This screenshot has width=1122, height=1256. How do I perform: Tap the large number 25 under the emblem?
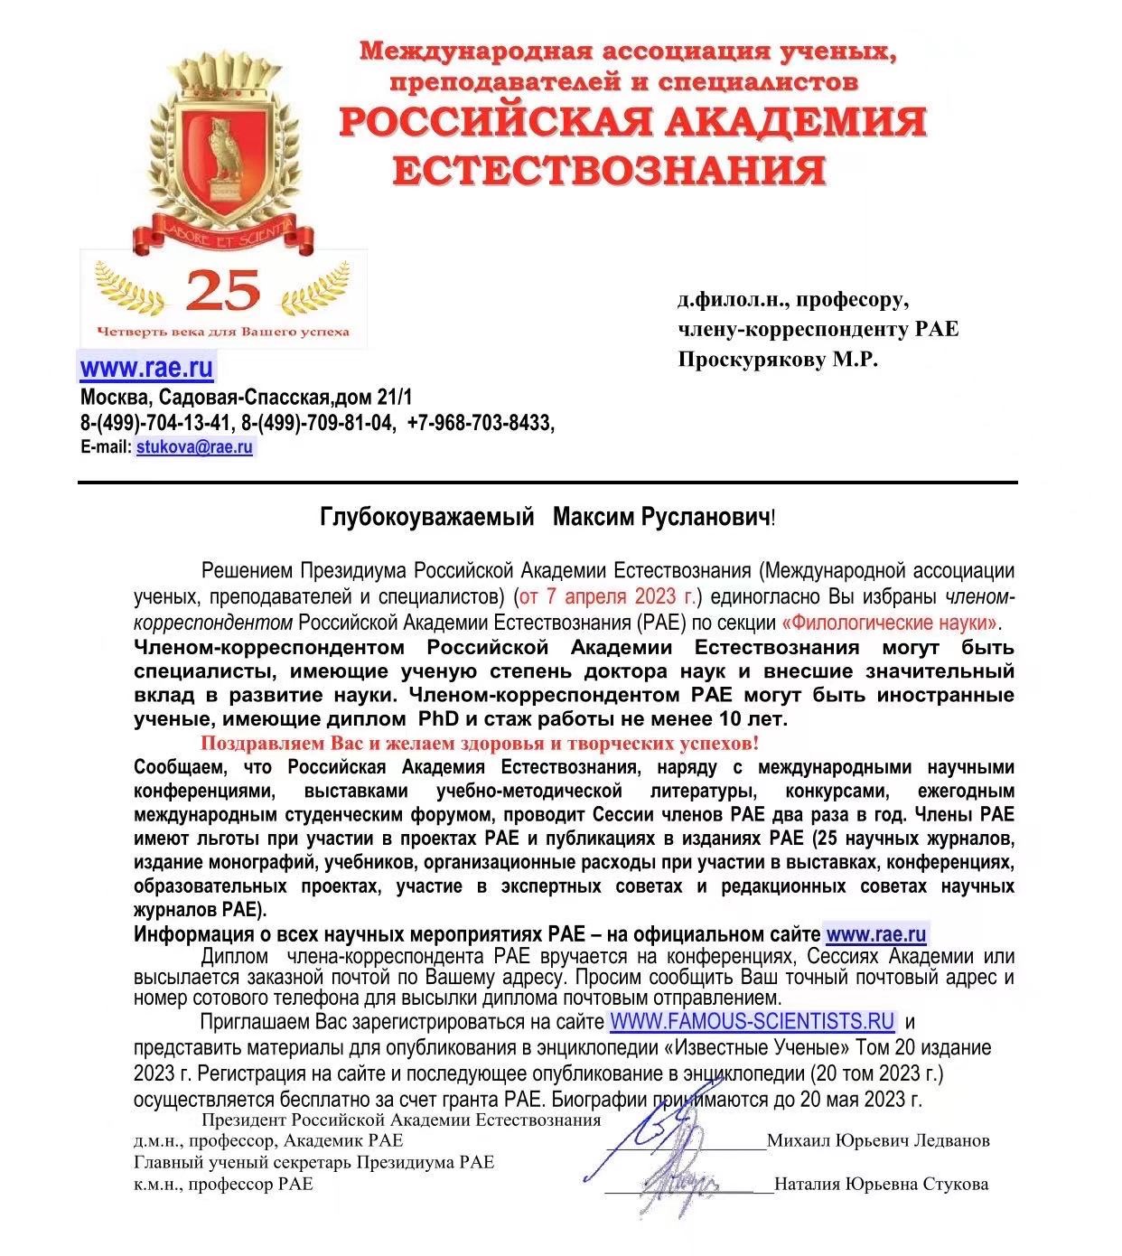pos(222,291)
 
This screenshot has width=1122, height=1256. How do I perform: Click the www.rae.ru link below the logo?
pos(146,368)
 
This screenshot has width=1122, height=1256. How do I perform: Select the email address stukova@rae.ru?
pos(195,447)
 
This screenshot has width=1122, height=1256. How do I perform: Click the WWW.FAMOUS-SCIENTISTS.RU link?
pos(753,1022)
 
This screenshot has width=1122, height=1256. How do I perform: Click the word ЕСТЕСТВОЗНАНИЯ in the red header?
pos(611,170)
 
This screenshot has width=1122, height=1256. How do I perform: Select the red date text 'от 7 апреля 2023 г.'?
pos(610,596)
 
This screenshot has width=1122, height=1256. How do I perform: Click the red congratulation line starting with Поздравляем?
pos(479,744)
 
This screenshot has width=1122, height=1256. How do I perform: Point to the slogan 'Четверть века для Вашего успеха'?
pos(222,332)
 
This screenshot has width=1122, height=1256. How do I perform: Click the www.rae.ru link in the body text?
pos(875,934)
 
